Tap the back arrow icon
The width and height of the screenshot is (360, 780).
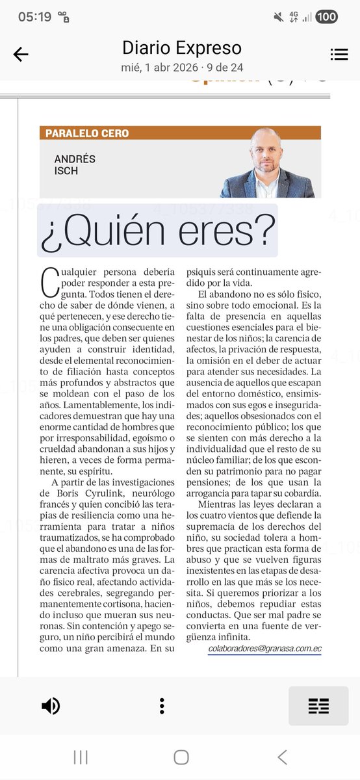[21, 55]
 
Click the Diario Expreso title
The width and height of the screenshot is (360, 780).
[182, 47]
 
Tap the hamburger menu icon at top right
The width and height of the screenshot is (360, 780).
[339, 55]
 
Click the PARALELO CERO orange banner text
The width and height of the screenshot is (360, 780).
[87, 133]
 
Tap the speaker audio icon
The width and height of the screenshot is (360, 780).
[51, 705]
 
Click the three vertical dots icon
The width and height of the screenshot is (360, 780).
[162, 706]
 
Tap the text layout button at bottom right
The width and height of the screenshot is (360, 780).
[318, 706]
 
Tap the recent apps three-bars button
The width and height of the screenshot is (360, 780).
[81, 757]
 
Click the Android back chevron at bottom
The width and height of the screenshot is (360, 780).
[282, 757]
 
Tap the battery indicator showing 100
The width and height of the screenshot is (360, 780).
[326, 17]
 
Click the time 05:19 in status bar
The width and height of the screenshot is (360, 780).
[34, 17]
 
